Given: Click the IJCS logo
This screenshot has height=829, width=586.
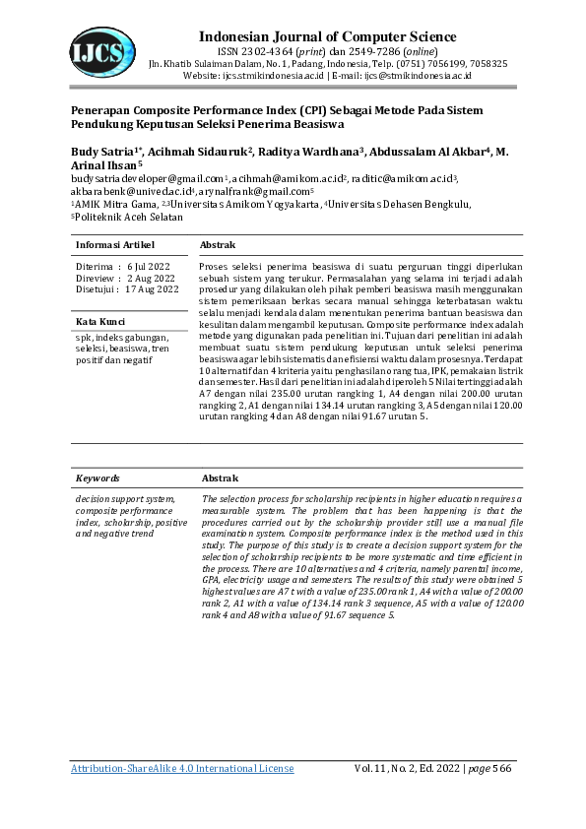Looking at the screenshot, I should coord(102,48).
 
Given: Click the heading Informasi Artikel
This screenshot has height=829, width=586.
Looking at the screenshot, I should coord(116,243).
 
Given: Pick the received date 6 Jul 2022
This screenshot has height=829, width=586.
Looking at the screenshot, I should coord(151,267).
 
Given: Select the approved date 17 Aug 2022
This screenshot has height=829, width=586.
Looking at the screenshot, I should coord(153,289).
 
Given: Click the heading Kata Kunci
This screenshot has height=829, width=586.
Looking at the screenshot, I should coord(100,322).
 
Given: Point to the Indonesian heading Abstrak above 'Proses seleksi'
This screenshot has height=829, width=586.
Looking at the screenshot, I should coord(218,243).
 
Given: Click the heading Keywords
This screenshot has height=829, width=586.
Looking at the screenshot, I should coord(98,478).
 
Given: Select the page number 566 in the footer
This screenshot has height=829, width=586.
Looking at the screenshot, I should coord(502,767).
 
